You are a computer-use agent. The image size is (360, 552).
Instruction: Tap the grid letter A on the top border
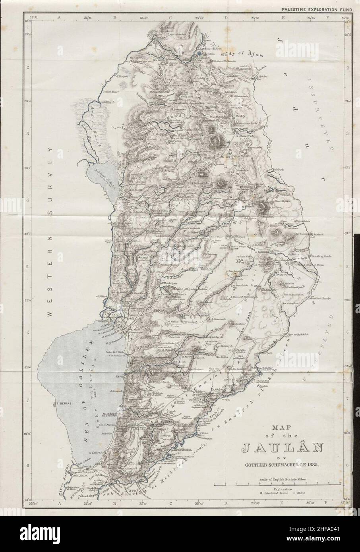(x=58, y=17)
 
